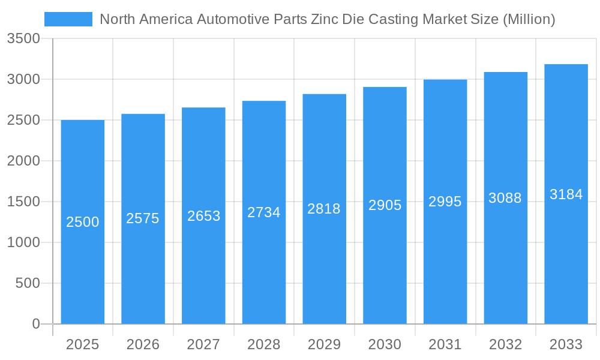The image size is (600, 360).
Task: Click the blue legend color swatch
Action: tap(68, 19)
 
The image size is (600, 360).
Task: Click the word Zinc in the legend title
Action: tap(324, 19)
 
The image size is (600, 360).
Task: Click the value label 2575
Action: tap(143, 218)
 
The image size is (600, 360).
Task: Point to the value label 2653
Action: tap(203, 216)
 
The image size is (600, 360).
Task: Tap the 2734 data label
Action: tap(264, 212)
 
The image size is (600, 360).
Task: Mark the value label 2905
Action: tap(385, 205)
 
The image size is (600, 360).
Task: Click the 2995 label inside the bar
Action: tap(445, 202)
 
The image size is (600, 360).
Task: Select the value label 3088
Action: tap(505, 198)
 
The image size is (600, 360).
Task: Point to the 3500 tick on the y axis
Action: tap(23, 39)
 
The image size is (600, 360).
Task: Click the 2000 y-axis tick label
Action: tap(23, 161)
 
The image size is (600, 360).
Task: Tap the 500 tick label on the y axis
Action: tap(28, 283)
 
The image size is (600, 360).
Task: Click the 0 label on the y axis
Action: tap(35, 324)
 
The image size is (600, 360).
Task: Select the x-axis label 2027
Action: tap(203, 344)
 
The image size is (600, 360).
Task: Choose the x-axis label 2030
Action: tap(385, 344)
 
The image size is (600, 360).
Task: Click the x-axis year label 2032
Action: tap(505, 344)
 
